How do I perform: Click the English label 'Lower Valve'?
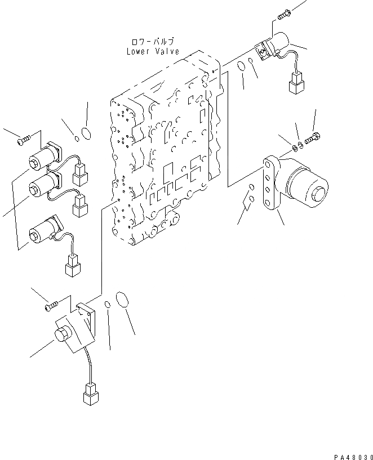coord(153,51)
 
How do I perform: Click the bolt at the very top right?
coord(284,12)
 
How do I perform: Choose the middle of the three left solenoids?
coord(44,184)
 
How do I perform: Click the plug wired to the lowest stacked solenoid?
coord(72,266)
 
